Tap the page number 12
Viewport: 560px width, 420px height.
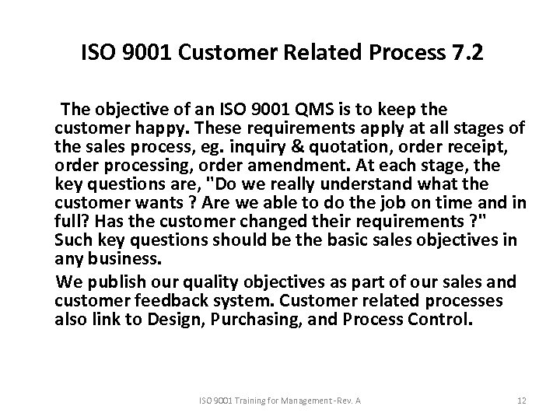point(522,400)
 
